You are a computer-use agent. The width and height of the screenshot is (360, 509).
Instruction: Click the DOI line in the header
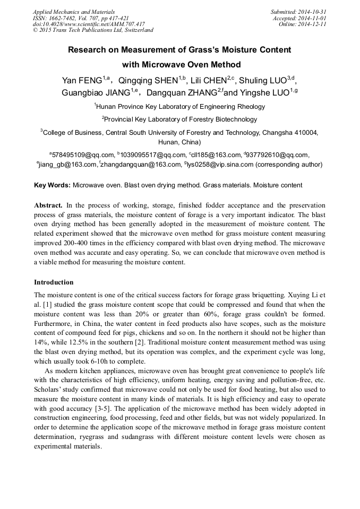tap(89, 24)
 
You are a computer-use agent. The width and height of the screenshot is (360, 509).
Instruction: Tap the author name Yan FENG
tap(82, 81)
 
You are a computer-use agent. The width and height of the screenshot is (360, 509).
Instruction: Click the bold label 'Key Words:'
tap(52, 186)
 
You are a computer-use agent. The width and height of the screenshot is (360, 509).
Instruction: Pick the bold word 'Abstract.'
tap(48, 205)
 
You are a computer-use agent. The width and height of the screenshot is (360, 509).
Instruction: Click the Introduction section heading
tap(54, 282)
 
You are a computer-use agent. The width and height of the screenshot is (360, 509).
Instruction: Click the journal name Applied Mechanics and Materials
tap(74, 11)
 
